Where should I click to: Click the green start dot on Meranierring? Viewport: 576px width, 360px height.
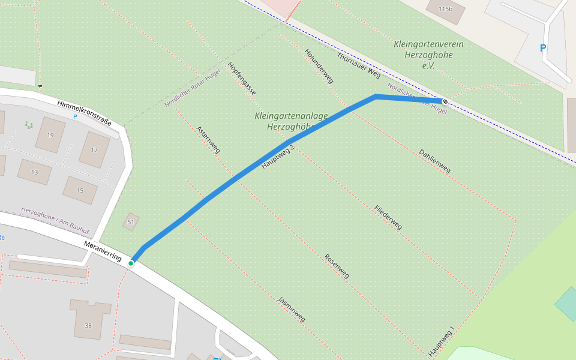[131, 263]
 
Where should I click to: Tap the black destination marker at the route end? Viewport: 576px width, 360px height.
[445, 101]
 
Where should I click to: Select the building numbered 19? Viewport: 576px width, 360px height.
[50, 135]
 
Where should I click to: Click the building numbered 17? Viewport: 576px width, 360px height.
[94, 149]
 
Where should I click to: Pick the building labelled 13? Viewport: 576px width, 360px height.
[34, 172]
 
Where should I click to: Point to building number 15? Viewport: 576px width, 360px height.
[80, 190]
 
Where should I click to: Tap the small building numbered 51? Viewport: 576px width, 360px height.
[131, 222]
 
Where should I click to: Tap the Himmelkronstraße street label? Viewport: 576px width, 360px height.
[85, 112]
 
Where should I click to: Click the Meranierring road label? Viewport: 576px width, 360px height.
[103, 251]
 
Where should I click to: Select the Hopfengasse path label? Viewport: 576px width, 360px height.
[242, 79]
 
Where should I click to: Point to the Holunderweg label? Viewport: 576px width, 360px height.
[319, 66]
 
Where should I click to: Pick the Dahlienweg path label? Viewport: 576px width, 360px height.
[434, 161]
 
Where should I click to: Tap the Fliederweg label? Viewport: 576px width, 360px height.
[388, 217]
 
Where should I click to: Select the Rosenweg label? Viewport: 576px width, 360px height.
[337, 266]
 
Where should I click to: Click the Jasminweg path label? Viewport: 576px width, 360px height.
[291, 309]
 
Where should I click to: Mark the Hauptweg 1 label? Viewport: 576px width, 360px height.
[442, 341]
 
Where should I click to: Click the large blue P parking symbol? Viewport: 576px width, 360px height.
[543, 48]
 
